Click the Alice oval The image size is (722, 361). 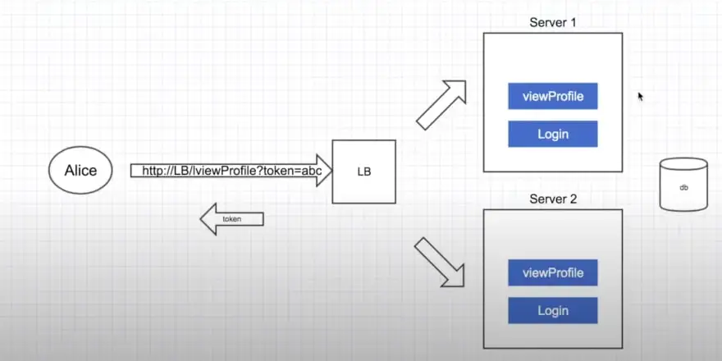pyautogui.click(x=80, y=171)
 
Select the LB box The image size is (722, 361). pyautogui.click(x=363, y=171)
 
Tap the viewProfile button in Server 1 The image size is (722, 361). pyautogui.click(x=553, y=96)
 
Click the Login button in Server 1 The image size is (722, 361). pyautogui.click(x=553, y=134)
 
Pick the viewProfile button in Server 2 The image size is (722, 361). pyautogui.click(x=553, y=272)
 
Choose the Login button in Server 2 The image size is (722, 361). pyautogui.click(x=553, y=310)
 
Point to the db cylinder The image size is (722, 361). pyautogui.click(x=683, y=185)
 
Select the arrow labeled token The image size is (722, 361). pyautogui.click(x=233, y=219)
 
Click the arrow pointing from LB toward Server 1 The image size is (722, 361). pyautogui.click(x=441, y=104)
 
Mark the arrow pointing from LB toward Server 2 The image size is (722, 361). pyautogui.click(x=441, y=263)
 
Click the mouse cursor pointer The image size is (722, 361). pyautogui.click(x=641, y=96)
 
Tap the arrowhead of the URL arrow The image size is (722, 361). pyautogui.click(x=322, y=171)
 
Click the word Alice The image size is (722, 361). pyautogui.click(x=80, y=171)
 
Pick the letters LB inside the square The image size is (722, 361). pyautogui.click(x=363, y=172)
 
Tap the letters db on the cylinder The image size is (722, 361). pyautogui.click(x=683, y=188)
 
